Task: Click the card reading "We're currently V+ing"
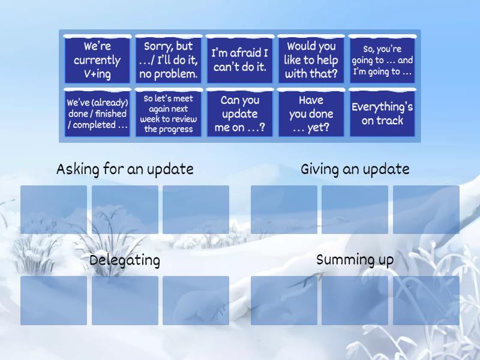97,60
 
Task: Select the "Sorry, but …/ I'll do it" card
168,60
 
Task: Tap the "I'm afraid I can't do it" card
239,60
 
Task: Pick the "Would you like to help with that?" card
311,60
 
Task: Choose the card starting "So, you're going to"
382,60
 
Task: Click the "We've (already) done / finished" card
97,113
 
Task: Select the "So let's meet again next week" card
168,113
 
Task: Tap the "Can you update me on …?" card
239,113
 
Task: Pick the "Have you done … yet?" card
311,113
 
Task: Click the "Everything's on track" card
382,113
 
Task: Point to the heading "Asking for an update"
125,169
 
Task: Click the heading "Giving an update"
355,169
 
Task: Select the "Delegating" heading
125,260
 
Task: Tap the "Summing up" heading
355,260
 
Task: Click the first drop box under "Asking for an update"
54,209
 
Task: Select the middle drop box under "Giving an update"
355,209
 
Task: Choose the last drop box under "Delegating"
196,300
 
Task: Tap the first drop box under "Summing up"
284,300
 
